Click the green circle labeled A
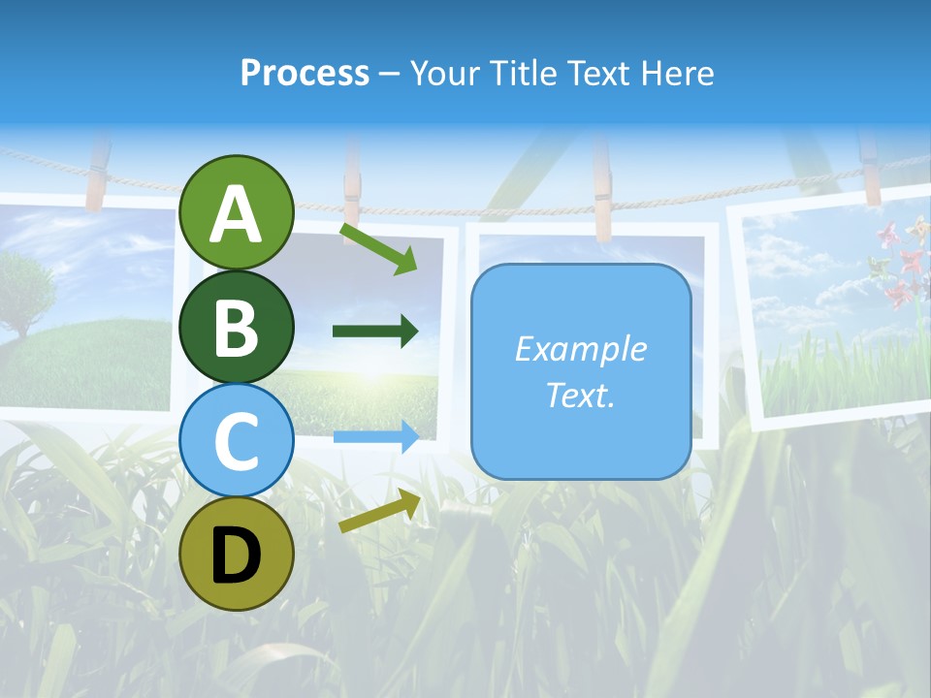pyautogui.click(x=236, y=212)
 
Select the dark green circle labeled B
pyautogui.click(x=236, y=327)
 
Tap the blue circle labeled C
pyautogui.click(x=236, y=440)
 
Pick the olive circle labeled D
pyautogui.click(x=236, y=554)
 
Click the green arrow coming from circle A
pyautogui.click(x=378, y=248)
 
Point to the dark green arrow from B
pyautogui.click(x=375, y=332)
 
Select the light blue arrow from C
pyautogui.click(x=375, y=437)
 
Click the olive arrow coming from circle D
pyautogui.click(x=379, y=512)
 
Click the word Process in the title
pyautogui.click(x=305, y=73)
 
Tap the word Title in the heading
pyautogui.click(x=525, y=73)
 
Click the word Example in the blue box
pyautogui.click(x=580, y=349)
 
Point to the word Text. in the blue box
pyautogui.click(x=580, y=395)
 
